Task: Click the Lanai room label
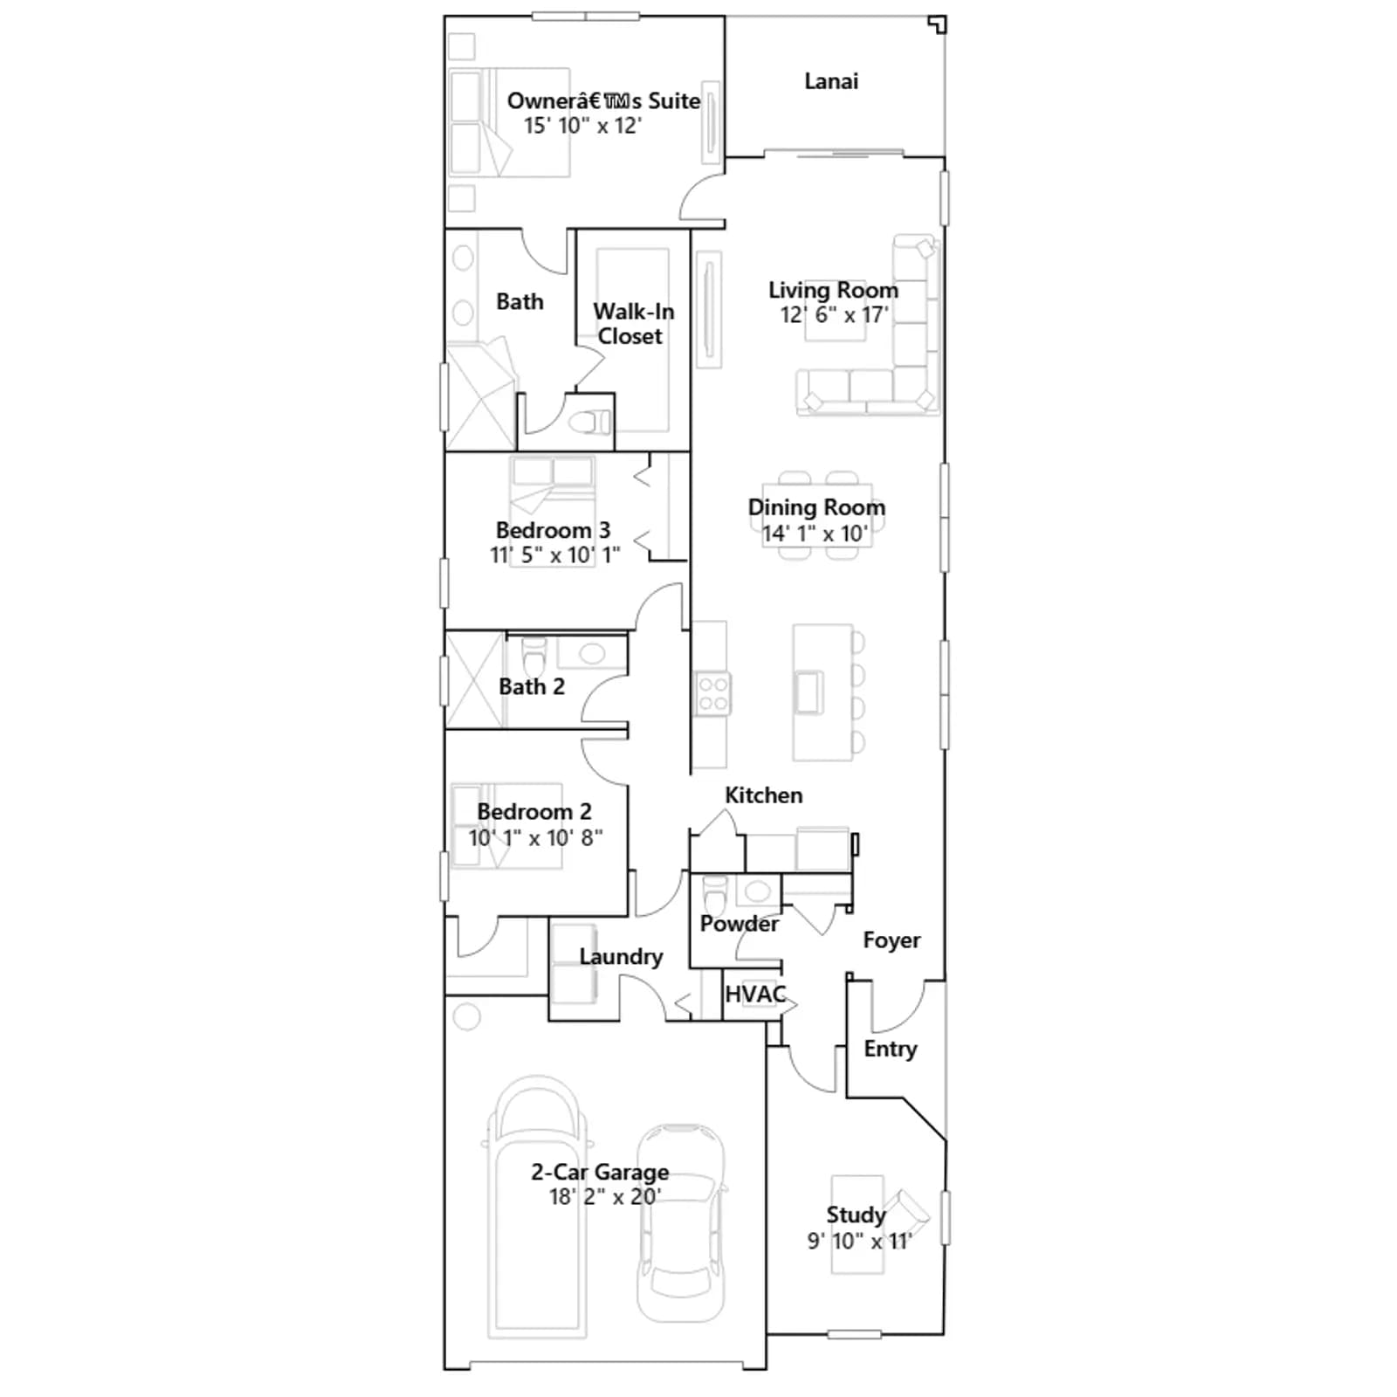pyautogui.click(x=831, y=81)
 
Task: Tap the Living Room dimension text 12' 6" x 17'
pyautogui.click(x=834, y=314)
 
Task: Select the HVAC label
pyautogui.click(x=755, y=994)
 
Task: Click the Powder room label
pyautogui.click(x=739, y=923)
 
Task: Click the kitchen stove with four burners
pyautogui.click(x=713, y=694)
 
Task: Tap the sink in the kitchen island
pyautogui.click(x=809, y=692)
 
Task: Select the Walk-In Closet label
pyautogui.click(x=633, y=324)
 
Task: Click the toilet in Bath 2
pyautogui.click(x=533, y=656)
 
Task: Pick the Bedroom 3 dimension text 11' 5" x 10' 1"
pyautogui.click(x=555, y=554)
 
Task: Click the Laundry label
pyautogui.click(x=621, y=957)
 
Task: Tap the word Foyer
pyautogui.click(x=891, y=940)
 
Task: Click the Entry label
pyautogui.click(x=891, y=1049)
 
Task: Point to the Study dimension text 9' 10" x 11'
pyautogui.click(x=859, y=1241)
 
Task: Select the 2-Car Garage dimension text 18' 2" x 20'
pyautogui.click(x=604, y=1196)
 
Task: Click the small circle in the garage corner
pyautogui.click(x=467, y=1016)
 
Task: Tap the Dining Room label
pyautogui.click(x=816, y=507)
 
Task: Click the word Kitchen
pyautogui.click(x=764, y=795)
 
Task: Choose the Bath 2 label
pyautogui.click(x=532, y=687)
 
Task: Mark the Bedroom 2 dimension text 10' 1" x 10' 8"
pyautogui.click(x=535, y=837)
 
